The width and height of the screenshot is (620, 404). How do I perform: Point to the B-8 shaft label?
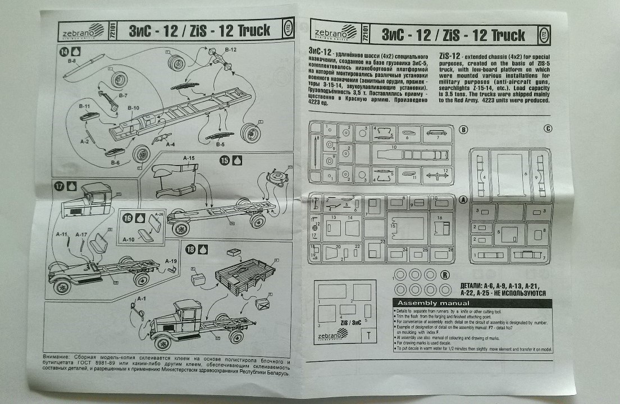71,61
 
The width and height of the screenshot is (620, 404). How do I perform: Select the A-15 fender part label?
188,159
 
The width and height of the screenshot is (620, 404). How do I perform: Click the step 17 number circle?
59,185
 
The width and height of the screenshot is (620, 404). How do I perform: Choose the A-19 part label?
171,261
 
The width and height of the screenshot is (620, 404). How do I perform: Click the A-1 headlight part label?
142,299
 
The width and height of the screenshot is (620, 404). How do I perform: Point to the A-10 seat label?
128,240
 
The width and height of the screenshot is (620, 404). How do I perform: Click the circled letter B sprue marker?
463,130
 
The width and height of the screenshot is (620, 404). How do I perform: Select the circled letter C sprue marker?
548,128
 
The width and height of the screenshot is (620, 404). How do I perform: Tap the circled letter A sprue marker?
463,199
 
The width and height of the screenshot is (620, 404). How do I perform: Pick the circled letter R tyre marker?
445,275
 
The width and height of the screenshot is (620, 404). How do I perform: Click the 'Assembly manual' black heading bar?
473,304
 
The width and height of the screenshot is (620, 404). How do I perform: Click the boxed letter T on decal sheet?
368,337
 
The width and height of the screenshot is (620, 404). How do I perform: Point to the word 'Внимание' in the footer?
56,357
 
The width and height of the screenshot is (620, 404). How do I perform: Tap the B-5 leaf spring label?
221,144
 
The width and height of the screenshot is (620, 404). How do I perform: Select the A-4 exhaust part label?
170,144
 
